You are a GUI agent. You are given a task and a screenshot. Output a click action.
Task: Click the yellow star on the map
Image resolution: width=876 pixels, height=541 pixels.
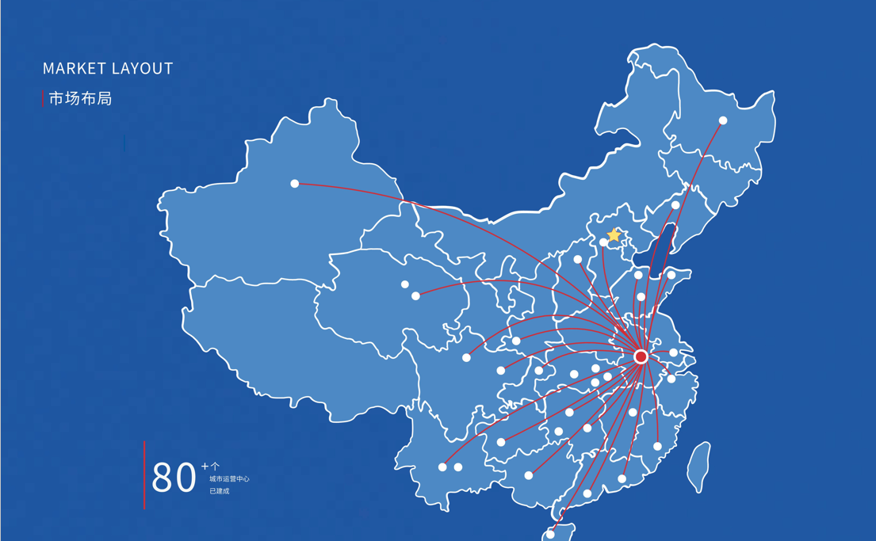tap(614, 235)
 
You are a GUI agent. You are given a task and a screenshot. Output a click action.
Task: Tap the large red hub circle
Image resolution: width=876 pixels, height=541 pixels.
tap(641, 357)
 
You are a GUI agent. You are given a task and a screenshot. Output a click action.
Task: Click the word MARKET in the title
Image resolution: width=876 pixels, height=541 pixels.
tap(74, 69)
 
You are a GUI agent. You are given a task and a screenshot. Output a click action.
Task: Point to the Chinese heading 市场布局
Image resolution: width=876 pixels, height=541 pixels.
tap(80, 99)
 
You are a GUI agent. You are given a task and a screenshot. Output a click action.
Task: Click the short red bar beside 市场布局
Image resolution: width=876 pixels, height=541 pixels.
tap(43, 98)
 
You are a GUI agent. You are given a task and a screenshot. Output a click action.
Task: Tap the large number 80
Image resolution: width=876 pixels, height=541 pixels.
tap(174, 478)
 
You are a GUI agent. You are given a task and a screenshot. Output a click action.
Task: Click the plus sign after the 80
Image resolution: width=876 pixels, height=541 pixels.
tap(205, 466)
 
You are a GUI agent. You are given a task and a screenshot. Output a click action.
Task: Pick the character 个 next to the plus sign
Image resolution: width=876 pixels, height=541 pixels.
tap(214, 467)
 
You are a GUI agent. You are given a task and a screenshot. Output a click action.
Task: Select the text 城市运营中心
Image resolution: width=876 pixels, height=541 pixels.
tap(229, 479)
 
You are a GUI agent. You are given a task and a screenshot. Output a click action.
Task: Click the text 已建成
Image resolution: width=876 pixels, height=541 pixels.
tap(219, 491)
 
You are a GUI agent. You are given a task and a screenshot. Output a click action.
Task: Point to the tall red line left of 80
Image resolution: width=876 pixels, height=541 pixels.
tap(144, 475)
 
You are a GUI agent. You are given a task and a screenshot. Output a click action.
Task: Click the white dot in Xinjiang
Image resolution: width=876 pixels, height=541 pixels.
tap(294, 184)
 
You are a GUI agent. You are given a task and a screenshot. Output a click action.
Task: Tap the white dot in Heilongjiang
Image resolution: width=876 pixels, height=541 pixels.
tap(723, 120)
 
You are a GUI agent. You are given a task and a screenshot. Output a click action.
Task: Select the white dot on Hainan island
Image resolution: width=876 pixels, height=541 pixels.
tap(550, 535)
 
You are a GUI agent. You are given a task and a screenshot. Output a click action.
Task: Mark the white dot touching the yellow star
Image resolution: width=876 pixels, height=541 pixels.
tap(604, 242)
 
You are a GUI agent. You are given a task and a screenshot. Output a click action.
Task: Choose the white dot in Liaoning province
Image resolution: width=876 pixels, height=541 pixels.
tap(675, 205)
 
